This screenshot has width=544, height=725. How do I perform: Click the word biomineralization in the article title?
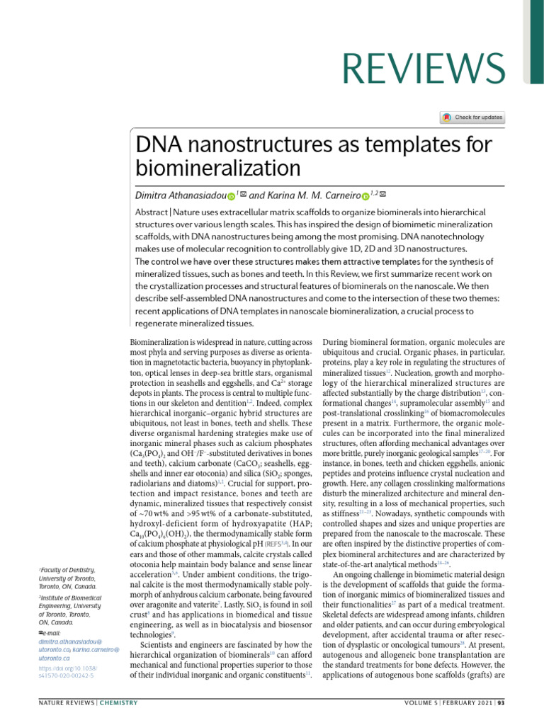pyautogui.click(x=217, y=168)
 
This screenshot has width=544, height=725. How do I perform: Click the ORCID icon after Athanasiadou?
pyautogui.click(x=231, y=195)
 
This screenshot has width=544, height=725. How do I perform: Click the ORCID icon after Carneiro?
pyautogui.click(x=365, y=195)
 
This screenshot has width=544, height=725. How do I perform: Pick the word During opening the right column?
pyautogui.click(x=336, y=341)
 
